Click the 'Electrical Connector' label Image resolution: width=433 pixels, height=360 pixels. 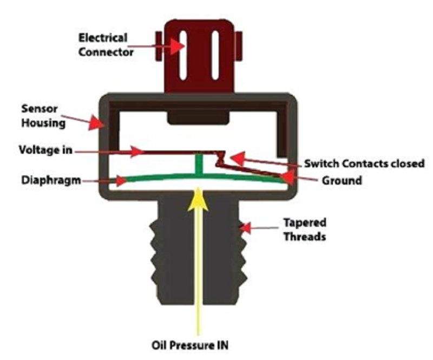tap(106, 45)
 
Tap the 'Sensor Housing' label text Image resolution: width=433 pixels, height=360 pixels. tap(43, 116)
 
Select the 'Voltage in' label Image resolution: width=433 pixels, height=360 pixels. tap(45, 150)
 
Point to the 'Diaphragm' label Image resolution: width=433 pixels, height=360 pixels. tap(51, 180)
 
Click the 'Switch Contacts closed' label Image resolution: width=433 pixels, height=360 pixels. tap(364, 163)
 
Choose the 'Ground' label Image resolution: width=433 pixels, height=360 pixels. tap(342, 181)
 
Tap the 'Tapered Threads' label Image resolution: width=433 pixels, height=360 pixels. tap(305, 230)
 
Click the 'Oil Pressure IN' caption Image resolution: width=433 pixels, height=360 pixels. tap(190, 345)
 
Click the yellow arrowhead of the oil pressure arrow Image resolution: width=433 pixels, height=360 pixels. tap(198, 199)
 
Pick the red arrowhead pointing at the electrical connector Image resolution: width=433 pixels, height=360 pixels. tap(177, 47)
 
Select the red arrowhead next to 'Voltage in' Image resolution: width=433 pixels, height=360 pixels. tap(137, 152)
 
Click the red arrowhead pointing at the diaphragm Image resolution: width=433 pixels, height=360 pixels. tap(121, 181)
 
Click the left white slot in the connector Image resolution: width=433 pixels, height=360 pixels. tap(183, 56)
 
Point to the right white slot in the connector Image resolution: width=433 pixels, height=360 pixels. tap(215, 55)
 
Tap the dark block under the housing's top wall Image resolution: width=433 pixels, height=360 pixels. tap(198, 117)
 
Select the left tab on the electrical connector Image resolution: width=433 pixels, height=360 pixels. tap(159, 46)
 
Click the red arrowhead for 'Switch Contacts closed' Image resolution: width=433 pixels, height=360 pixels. tap(237, 159)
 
